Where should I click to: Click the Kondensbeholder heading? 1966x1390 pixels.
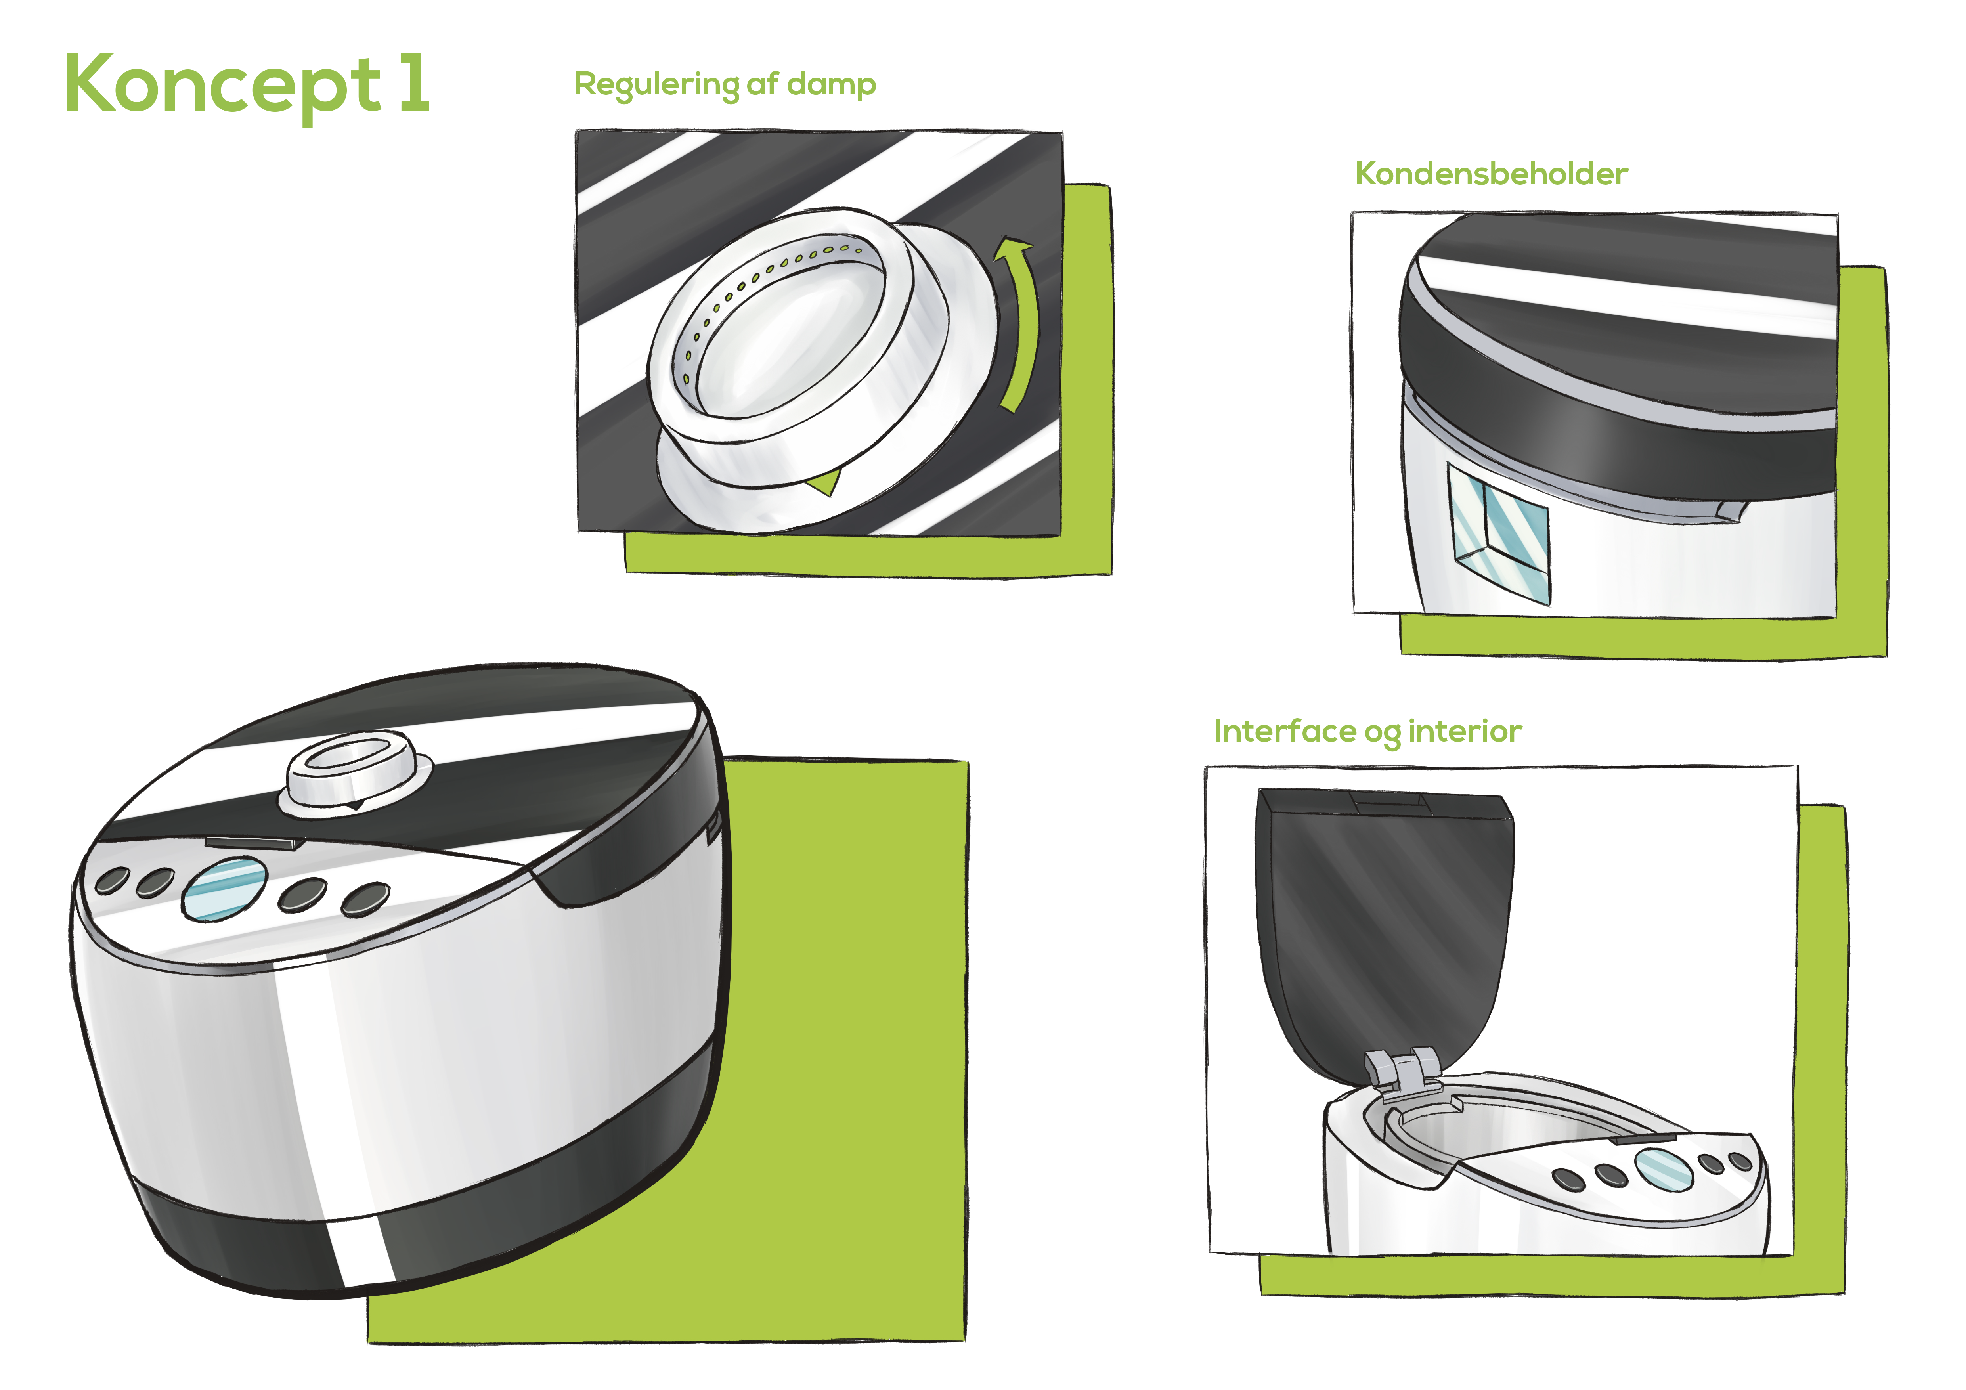[1491, 174]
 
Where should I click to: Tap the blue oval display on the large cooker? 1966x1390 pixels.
[224, 890]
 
